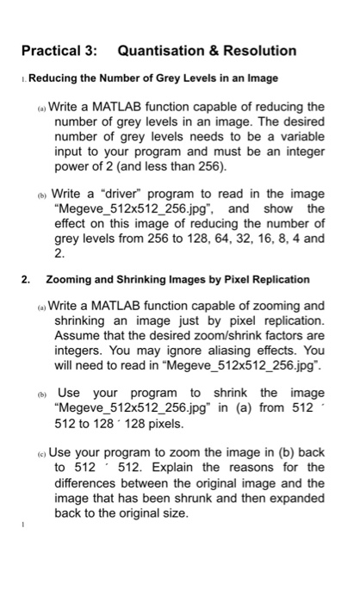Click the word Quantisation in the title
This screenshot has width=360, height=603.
161,51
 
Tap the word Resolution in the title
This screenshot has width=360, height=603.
256,51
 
